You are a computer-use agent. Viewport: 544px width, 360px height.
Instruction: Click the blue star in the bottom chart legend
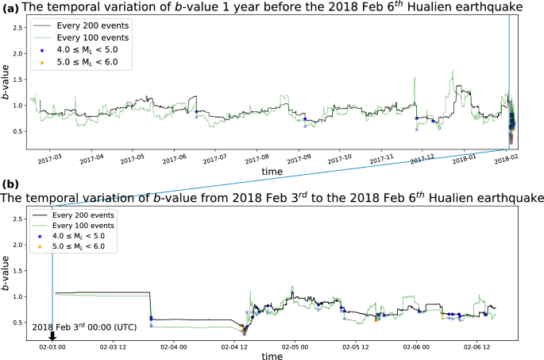coord(41,237)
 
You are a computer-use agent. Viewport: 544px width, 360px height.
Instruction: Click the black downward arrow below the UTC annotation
coord(52,335)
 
